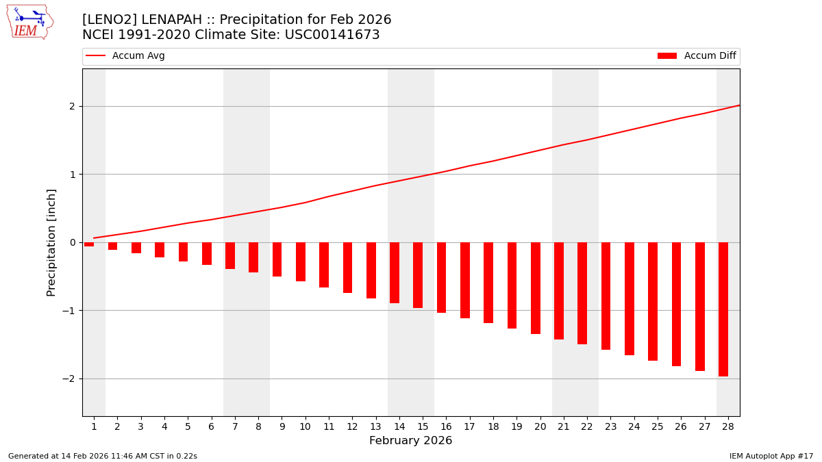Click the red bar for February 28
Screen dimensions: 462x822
point(723,309)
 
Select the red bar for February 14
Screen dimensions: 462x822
point(395,272)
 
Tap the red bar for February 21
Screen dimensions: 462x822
point(559,291)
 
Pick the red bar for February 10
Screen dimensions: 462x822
point(301,261)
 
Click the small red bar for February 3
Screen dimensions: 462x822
point(136,248)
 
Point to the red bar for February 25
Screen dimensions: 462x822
point(653,301)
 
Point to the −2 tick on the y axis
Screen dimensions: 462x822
point(71,378)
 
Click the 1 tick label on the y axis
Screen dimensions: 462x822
point(71,174)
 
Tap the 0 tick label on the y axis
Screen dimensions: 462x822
point(71,242)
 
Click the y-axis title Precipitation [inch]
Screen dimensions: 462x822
point(51,242)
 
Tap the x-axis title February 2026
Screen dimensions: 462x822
point(410,441)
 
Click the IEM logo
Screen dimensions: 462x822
point(29,22)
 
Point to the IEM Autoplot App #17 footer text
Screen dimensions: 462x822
point(771,456)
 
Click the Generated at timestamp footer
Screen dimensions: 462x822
point(103,456)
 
